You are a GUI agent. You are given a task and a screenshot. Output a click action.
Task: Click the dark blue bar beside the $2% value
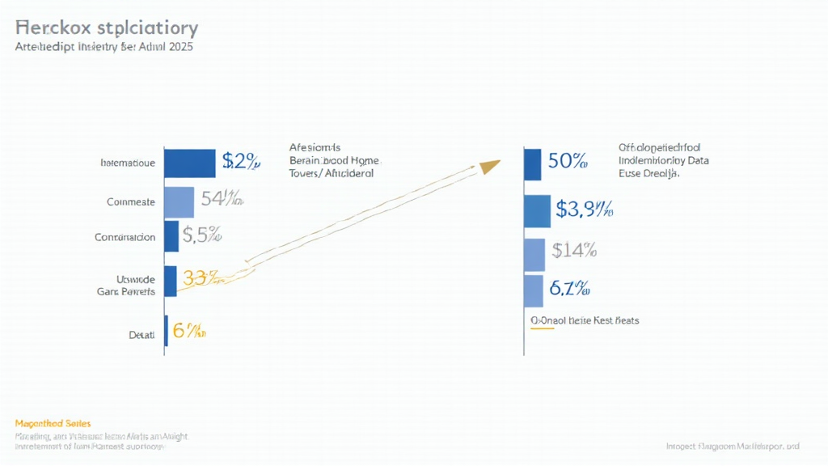coord(189,163)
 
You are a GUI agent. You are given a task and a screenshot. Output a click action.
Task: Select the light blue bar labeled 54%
coord(179,202)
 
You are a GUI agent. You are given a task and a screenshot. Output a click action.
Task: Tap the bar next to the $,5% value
coord(171,236)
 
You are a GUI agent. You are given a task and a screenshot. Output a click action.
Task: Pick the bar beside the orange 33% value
coord(170,280)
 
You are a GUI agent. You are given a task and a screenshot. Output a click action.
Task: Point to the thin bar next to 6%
coord(166,331)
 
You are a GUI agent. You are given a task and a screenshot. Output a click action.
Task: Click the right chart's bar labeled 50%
coord(532,164)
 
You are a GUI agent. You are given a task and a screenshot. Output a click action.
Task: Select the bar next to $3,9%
coord(537,211)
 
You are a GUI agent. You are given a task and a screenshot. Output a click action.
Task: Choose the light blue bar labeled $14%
coord(534,254)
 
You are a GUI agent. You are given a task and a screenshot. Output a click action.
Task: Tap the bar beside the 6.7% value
coord(533,291)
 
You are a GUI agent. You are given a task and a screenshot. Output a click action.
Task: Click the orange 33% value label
coord(201,278)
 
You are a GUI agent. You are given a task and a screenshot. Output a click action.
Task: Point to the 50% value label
coord(567,160)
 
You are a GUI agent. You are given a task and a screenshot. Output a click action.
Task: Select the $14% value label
coord(573,251)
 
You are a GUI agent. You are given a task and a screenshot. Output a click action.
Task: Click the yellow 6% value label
coord(188,331)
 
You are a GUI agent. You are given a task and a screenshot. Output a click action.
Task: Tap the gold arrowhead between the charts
coord(489,167)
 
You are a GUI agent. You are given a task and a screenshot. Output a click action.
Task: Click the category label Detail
coord(142,334)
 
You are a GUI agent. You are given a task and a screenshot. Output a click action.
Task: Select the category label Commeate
coord(130,202)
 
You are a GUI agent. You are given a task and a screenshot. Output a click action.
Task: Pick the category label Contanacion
coord(125,238)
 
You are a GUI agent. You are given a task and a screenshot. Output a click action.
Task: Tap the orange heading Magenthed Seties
coord(53,423)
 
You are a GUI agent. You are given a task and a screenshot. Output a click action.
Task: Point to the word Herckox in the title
coord(52,28)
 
